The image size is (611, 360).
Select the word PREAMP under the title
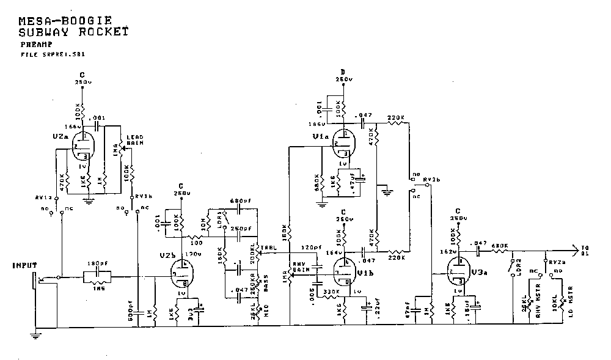(35, 45)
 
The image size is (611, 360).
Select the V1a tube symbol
(344, 144)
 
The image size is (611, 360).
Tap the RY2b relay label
(431, 179)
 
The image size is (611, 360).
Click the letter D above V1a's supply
(343, 72)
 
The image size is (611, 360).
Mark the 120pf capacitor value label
(311, 248)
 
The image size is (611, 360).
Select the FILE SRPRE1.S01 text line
(53, 54)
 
